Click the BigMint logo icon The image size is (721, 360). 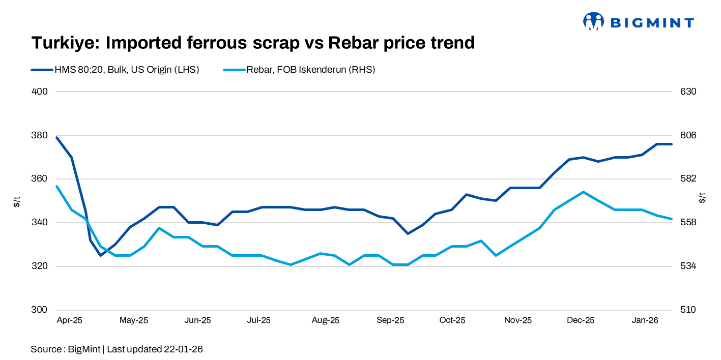(593, 21)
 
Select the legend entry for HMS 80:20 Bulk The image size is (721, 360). (114, 70)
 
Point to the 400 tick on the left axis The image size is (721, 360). (40, 92)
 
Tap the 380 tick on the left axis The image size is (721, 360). (40, 135)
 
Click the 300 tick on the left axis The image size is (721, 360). (40, 310)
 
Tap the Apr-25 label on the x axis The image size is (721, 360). (70, 320)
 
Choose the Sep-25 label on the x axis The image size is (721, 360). (390, 320)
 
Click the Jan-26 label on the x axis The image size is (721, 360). (645, 320)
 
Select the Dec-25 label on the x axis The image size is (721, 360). (581, 320)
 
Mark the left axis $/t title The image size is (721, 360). (17, 201)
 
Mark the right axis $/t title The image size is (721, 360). (703, 198)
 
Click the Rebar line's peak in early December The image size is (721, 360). (583, 192)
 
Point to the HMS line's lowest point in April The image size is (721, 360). (100, 255)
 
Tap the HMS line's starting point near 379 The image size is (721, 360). (57, 137)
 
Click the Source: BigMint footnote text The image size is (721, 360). (117, 349)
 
